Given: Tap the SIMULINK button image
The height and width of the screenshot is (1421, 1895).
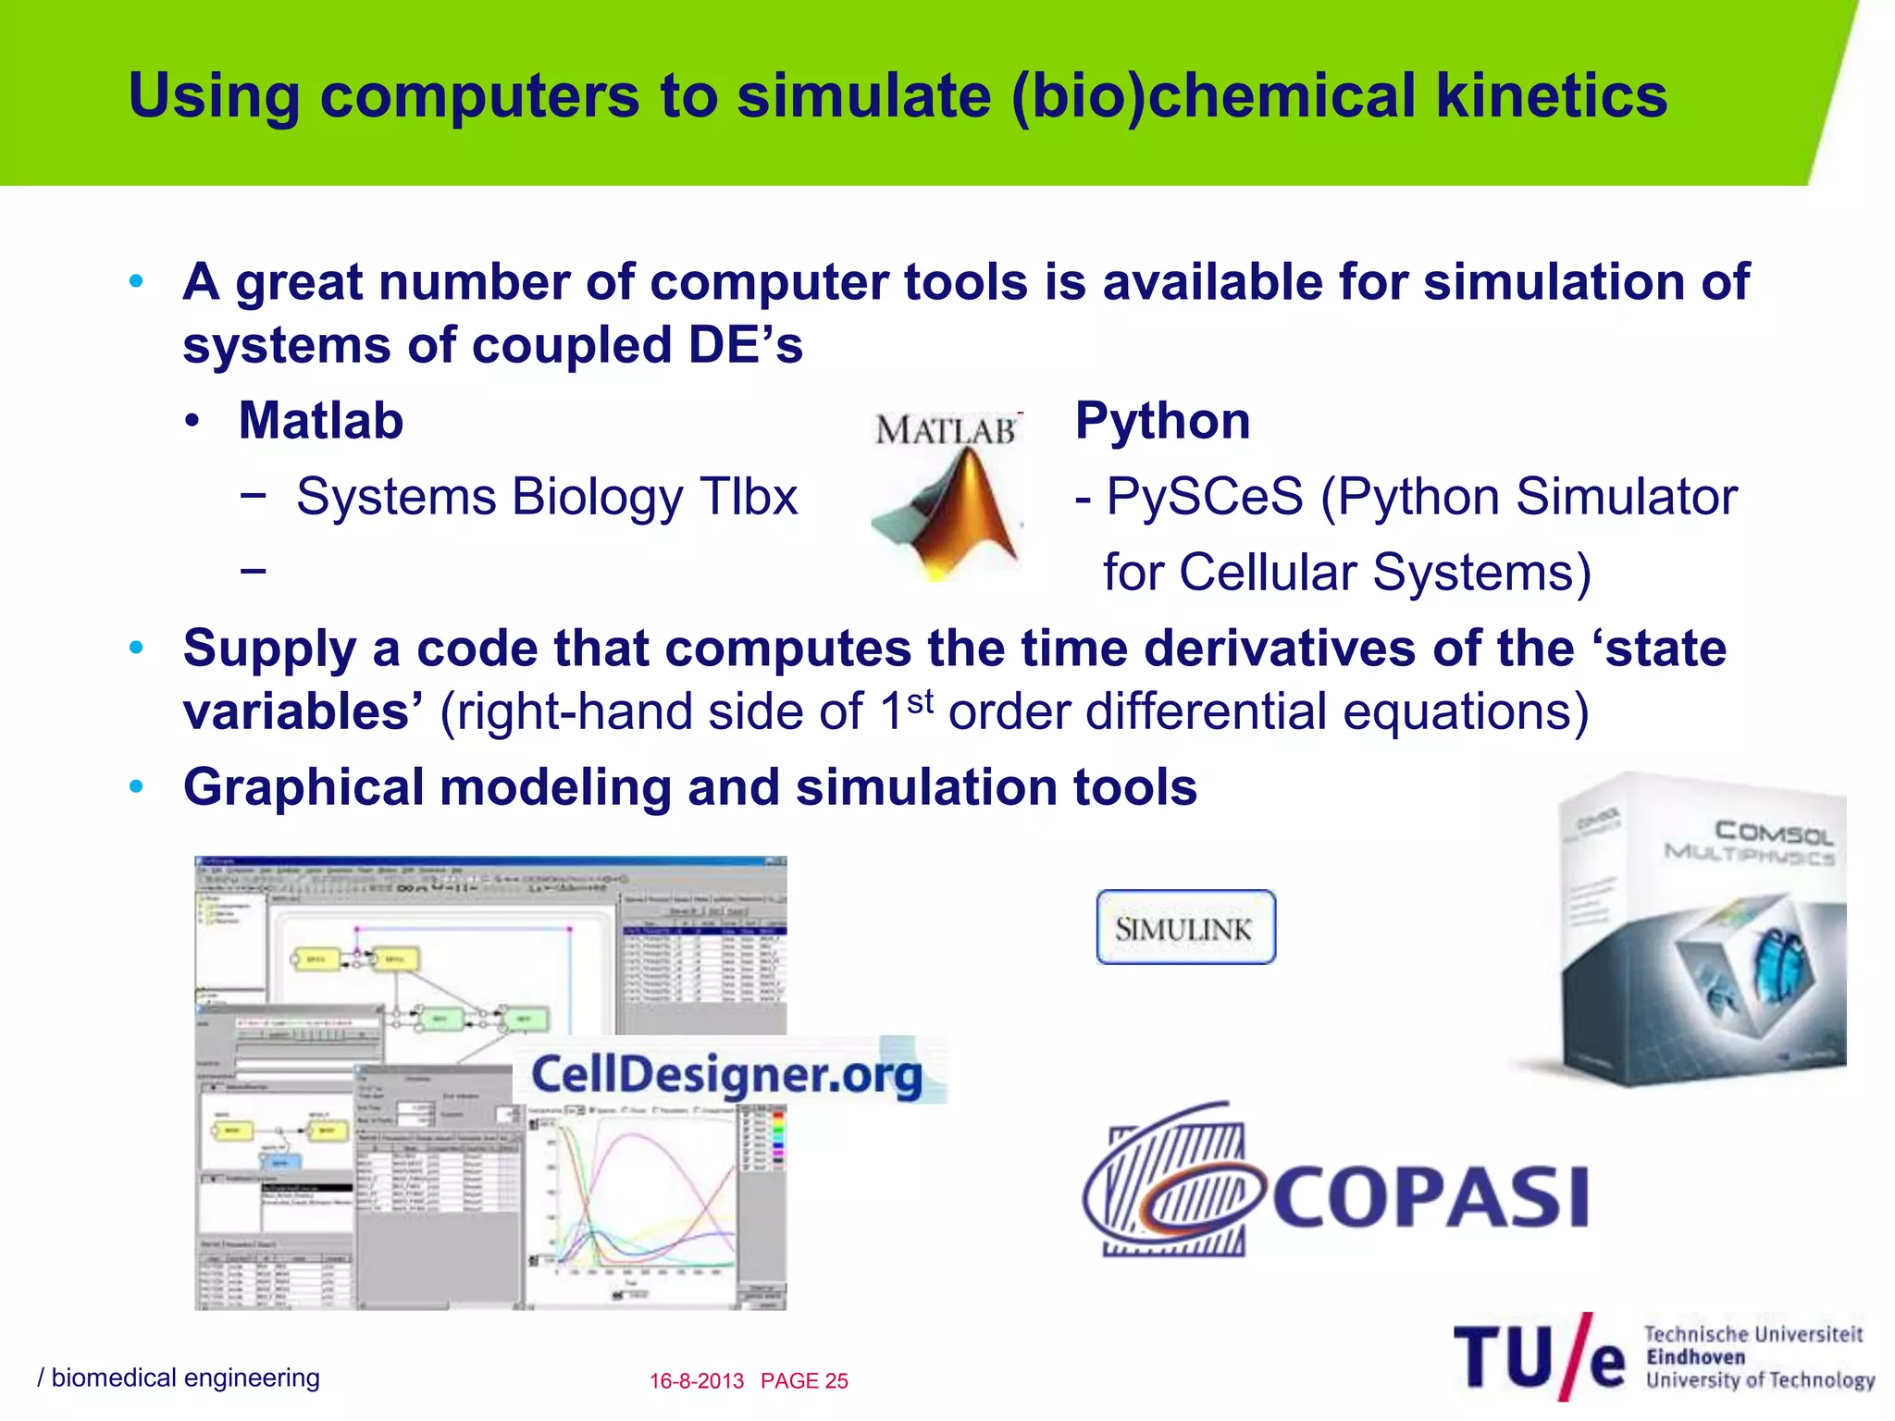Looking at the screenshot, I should click(1185, 928).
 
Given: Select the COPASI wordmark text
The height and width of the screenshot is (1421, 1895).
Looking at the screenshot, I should click(1430, 1197).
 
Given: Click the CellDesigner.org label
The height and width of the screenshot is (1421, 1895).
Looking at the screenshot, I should click(726, 1074).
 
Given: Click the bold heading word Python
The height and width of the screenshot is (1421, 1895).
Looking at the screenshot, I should click(1162, 421).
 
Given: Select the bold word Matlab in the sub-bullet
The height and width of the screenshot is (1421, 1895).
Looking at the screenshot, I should click(321, 421).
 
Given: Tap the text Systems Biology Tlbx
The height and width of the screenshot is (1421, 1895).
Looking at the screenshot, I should click(546, 497).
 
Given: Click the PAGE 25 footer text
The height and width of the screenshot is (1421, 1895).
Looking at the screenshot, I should click(804, 1381).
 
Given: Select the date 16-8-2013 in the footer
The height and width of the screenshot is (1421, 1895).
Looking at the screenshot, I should click(696, 1381).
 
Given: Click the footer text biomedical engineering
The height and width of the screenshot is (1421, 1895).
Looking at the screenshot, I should click(185, 1378).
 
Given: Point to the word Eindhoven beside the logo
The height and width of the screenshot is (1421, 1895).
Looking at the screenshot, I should click(1695, 1357).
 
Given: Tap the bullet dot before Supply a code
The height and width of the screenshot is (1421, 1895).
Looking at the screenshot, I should click(137, 649).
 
